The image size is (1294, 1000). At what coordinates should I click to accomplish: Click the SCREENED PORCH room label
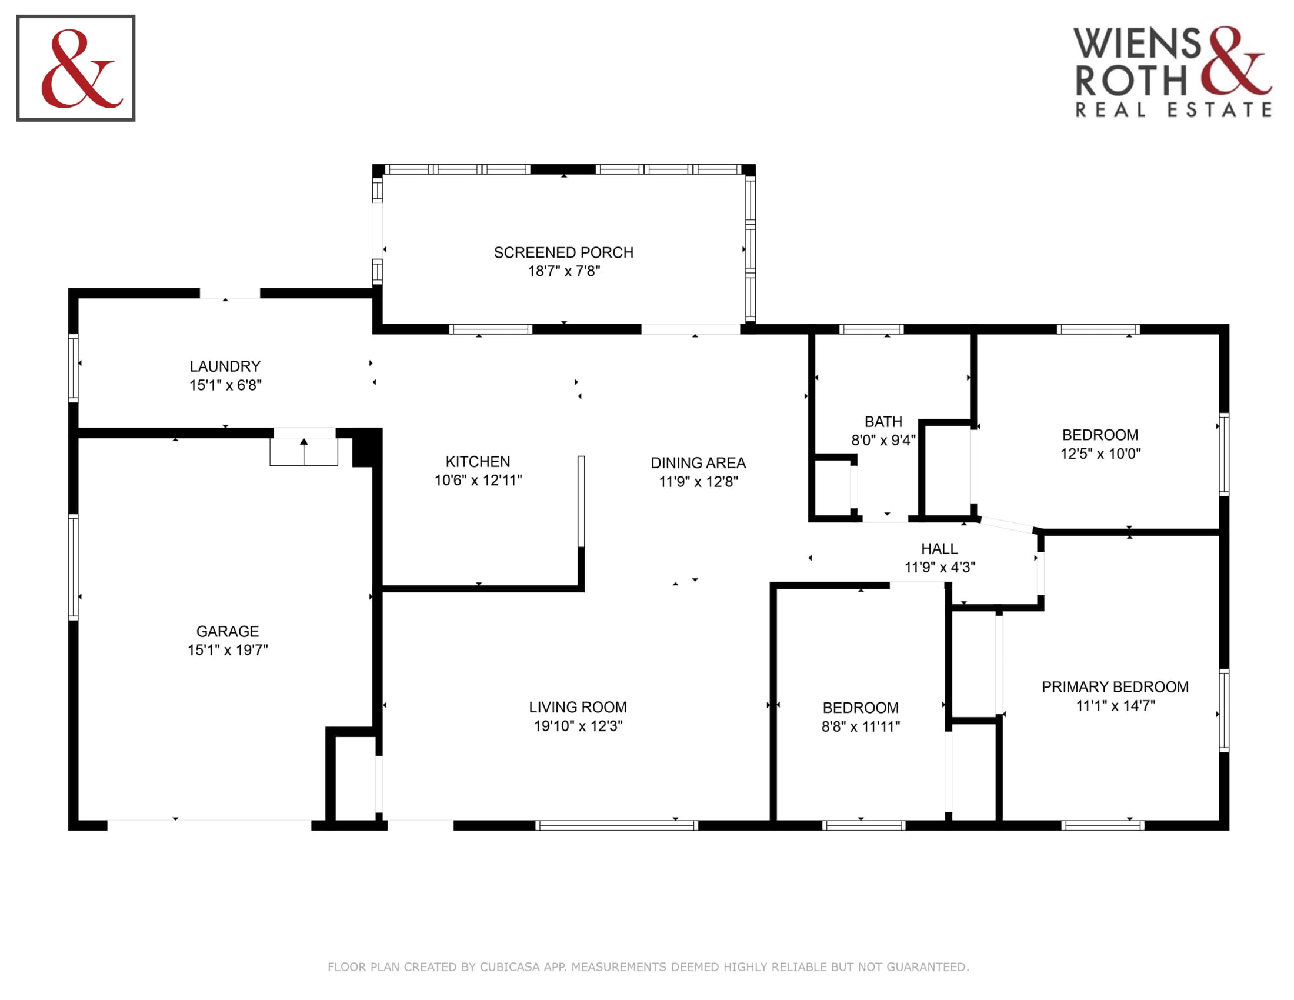[563, 252]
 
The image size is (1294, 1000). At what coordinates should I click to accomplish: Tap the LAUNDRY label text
[225, 366]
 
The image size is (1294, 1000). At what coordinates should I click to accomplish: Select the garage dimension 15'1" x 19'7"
[228, 650]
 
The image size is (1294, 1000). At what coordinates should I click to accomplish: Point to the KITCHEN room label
[478, 462]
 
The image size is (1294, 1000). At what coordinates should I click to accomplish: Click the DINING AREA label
[698, 463]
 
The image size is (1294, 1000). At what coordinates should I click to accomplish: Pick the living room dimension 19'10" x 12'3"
[578, 726]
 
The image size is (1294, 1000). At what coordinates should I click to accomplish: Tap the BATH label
[883, 421]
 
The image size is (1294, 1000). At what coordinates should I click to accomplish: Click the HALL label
[939, 549]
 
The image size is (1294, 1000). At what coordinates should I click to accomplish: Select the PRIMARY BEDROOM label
[1115, 686]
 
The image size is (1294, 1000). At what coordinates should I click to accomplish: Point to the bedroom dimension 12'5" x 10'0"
[1100, 454]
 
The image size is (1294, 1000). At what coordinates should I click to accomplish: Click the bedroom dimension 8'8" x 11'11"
[861, 726]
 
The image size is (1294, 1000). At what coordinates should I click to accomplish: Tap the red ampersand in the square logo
[81, 69]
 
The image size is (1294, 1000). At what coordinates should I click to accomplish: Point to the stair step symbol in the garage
[304, 451]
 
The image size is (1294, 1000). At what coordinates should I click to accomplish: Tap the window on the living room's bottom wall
[617, 826]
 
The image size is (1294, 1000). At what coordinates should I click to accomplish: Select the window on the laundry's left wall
[74, 368]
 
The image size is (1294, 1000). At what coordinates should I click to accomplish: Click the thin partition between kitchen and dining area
[581, 501]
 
